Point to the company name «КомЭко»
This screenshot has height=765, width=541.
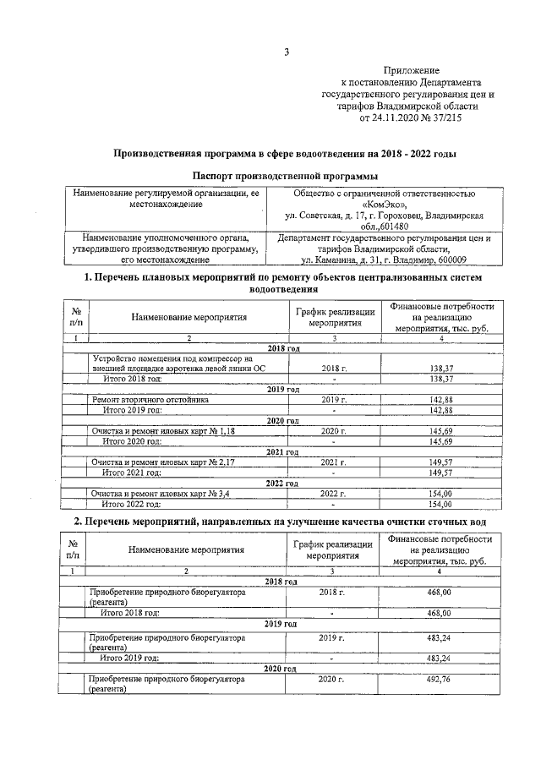tap(385, 205)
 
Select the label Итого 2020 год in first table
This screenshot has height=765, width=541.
tap(132, 441)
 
